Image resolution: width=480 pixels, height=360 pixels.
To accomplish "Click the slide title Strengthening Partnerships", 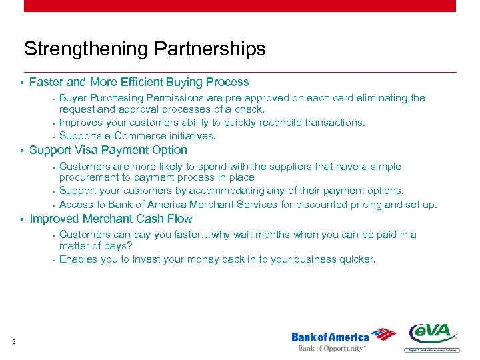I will [x=145, y=49].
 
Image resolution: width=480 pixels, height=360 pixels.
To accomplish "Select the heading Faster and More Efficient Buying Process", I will [x=139, y=82].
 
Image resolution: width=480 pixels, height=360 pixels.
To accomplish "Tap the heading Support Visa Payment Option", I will [x=108, y=150].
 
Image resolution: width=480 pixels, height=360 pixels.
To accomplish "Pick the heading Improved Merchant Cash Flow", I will [x=111, y=219].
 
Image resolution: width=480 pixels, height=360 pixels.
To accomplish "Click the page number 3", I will [x=13, y=343].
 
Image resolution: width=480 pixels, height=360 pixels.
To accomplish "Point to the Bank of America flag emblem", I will [x=384, y=335].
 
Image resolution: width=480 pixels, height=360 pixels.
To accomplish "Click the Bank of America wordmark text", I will [x=330, y=337].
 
